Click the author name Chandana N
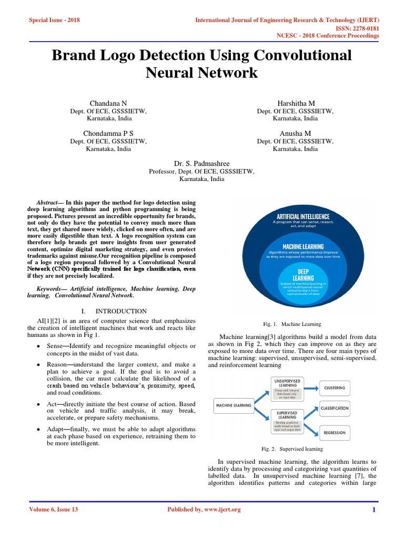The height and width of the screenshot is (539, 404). click(109, 103)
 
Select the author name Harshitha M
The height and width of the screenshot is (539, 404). click(295, 103)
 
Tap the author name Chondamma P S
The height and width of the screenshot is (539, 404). click(109, 133)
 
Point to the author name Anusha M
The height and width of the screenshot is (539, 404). click(295, 133)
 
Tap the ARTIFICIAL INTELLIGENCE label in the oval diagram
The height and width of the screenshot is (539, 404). click(303, 216)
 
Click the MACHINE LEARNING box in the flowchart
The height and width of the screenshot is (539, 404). click(232, 405)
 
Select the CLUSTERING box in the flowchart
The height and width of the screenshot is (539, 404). click(335, 388)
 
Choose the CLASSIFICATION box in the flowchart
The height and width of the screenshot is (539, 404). click(335, 408)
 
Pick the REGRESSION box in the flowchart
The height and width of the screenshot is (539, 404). click(335, 433)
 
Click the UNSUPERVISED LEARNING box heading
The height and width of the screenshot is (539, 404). click(287, 382)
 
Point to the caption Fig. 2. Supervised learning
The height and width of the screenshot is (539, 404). click(292, 449)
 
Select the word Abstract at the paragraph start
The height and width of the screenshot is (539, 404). click(48, 203)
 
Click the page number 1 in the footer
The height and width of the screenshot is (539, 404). click(373, 510)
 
